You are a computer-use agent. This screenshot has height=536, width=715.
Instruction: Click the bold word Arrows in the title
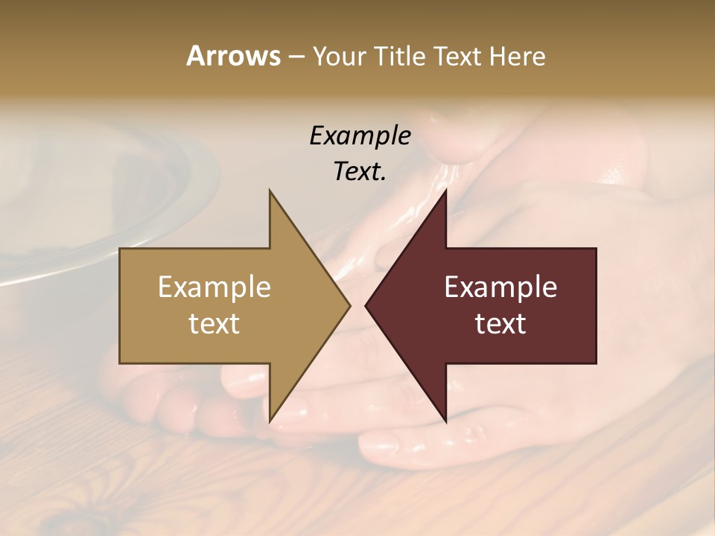[232, 56]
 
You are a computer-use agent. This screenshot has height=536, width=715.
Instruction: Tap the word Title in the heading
[400, 56]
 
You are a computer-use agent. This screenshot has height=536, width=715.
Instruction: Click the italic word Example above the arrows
[360, 136]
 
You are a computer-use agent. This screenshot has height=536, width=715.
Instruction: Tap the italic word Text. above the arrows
[360, 171]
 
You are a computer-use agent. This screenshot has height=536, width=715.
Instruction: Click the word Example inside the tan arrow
[214, 287]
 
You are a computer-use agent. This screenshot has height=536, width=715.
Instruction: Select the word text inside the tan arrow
[214, 323]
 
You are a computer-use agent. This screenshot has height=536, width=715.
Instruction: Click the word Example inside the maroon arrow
[500, 287]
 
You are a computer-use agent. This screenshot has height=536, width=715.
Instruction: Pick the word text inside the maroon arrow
[500, 323]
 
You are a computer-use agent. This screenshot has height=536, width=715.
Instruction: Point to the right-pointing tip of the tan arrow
[350, 305]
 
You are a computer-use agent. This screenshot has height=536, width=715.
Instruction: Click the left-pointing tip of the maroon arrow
[366, 305]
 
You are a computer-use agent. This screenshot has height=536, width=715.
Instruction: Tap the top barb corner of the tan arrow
[270, 191]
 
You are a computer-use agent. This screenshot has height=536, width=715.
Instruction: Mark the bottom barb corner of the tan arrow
[270, 421]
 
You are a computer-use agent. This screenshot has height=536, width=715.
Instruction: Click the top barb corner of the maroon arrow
[445, 191]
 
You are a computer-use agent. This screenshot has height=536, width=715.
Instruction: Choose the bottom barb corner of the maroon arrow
[445, 421]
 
